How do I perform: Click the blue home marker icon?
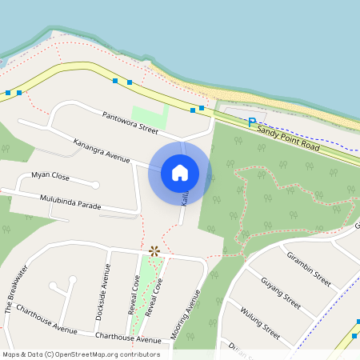pyautogui.click(x=180, y=172)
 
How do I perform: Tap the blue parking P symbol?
pyautogui.click(x=251, y=122)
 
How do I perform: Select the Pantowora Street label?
pyautogui.click(x=130, y=122)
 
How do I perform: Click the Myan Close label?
pyautogui.click(x=50, y=176)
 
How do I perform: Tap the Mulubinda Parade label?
pyautogui.click(x=70, y=201)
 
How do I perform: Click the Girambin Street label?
pyautogui.click(x=308, y=268)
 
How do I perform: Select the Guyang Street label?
pyautogui.click(x=280, y=293)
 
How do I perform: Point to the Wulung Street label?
pyautogui.click(x=260, y=319)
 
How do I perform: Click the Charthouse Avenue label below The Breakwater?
pyautogui.click(x=46, y=318)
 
